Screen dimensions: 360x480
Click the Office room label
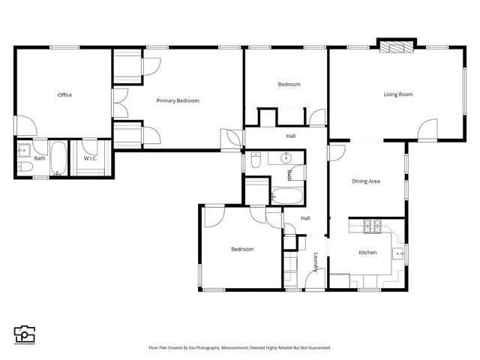click(x=64, y=95)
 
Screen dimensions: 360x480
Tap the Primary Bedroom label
click(x=178, y=100)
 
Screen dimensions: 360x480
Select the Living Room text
click(x=398, y=94)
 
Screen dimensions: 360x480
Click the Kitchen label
click(x=367, y=253)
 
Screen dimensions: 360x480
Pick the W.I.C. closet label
click(x=91, y=158)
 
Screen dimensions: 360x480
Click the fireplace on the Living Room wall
click(x=395, y=46)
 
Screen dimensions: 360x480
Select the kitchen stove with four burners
click(x=373, y=225)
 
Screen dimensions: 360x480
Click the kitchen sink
click(x=400, y=255)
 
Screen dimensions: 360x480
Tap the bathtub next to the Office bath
click(x=59, y=160)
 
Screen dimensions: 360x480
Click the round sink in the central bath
click(x=285, y=158)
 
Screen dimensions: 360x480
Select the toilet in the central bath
click(x=256, y=160)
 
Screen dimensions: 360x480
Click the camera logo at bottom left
click(x=24, y=334)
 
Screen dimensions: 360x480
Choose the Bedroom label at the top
click(x=289, y=85)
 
